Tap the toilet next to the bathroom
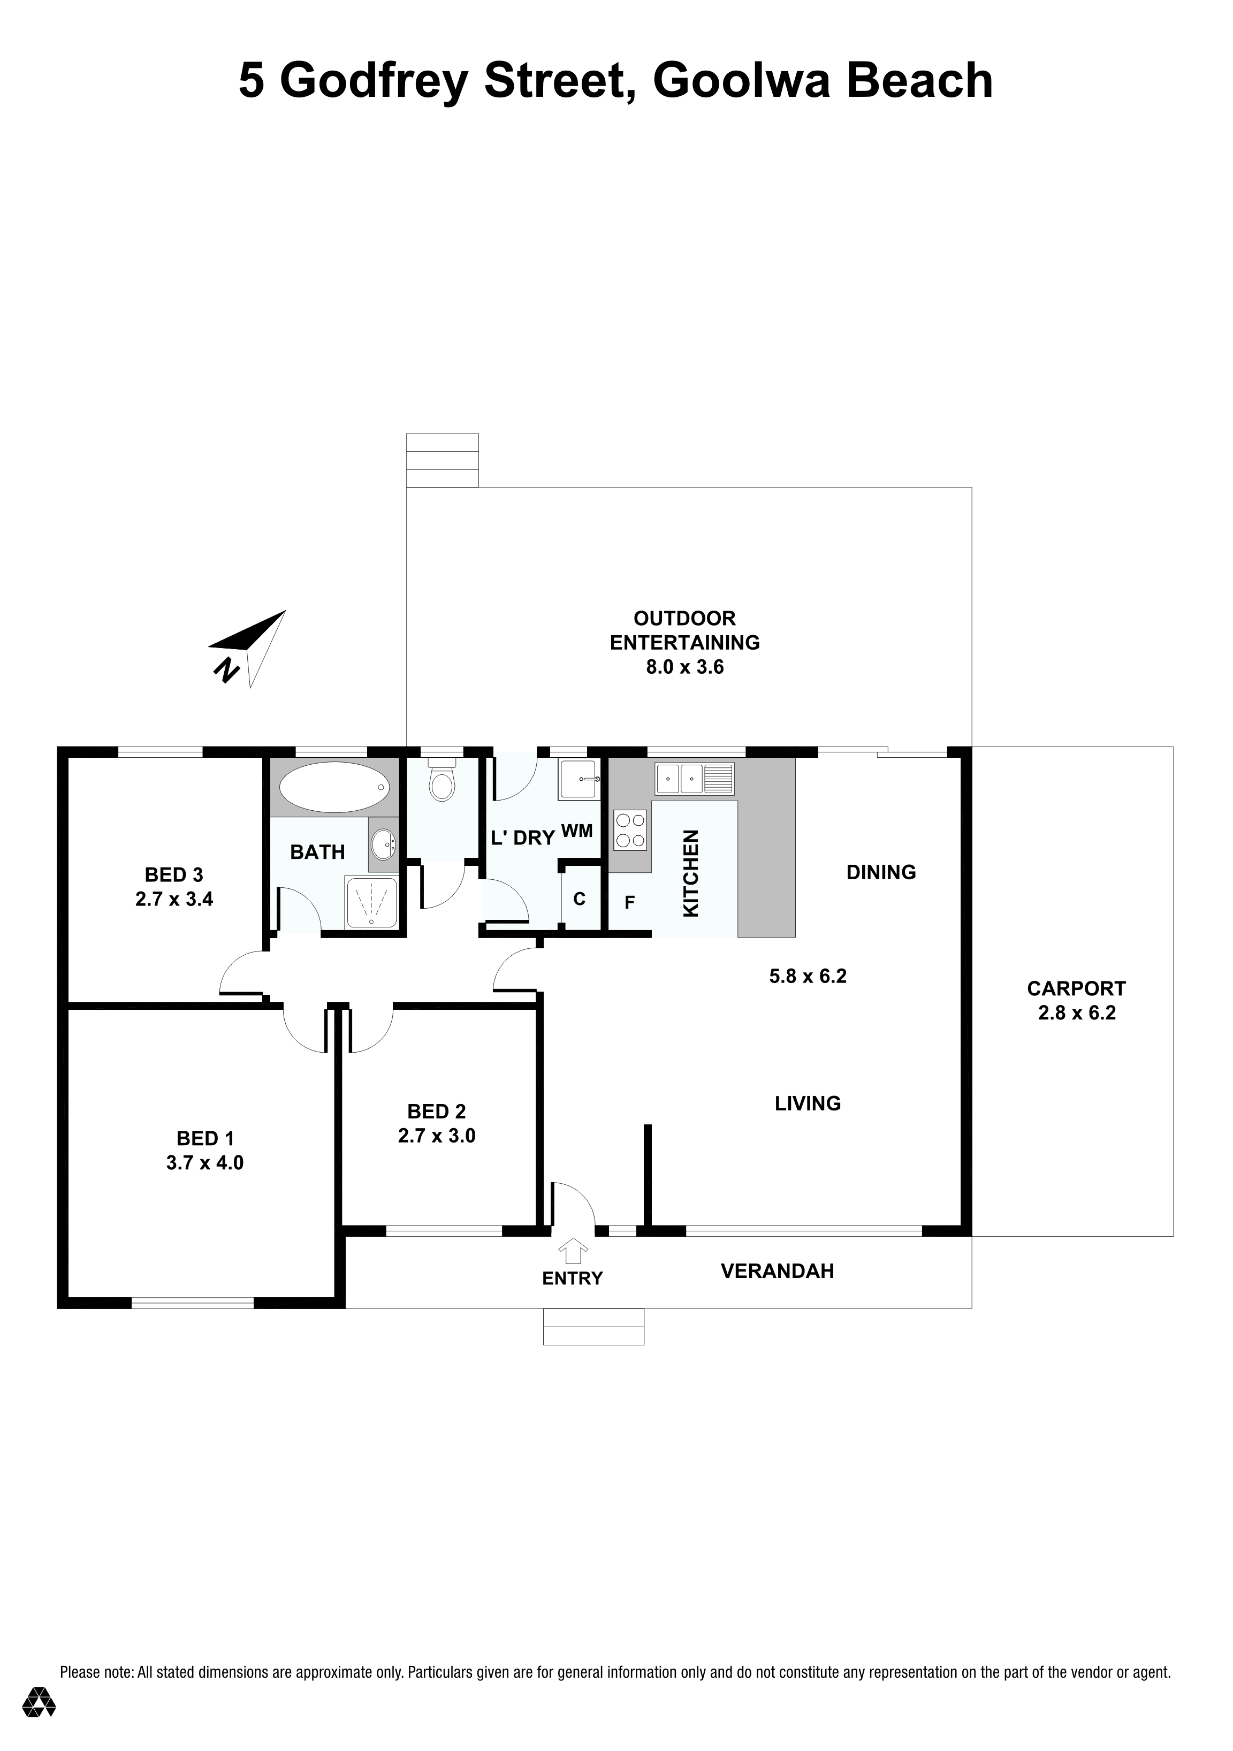coord(442,779)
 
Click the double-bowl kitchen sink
coord(695,779)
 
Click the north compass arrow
coord(248,648)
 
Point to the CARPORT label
coord(1076,988)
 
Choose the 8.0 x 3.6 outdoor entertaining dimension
coord(685,667)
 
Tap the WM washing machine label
coord(577,831)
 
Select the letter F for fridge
coord(630,903)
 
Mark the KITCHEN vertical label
coord(690,873)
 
